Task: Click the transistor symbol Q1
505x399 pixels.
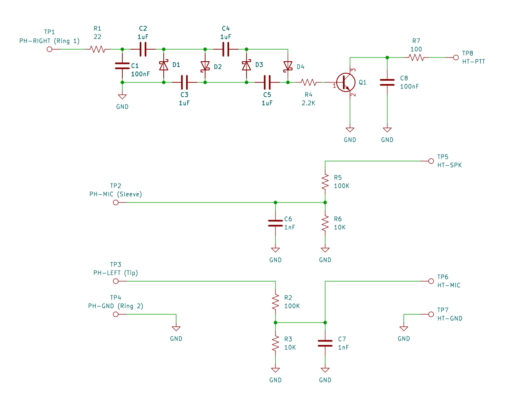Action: tap(345, 82)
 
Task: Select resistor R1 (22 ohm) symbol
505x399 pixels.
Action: tap(98, 49)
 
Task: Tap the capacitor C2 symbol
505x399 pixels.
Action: tap(143, 49)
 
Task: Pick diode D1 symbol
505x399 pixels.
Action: tap(164, 66)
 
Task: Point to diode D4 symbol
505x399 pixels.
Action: tap(287, 66)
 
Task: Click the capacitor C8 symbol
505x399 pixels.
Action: tap(387, 82)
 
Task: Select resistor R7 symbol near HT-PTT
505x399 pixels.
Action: tap(416, 58)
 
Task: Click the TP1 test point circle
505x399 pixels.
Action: tap(49, 49)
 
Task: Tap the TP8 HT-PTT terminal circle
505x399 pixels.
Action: tap(456, 58)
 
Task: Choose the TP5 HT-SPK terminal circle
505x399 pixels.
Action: tap(431, 161)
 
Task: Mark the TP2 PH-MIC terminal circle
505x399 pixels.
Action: tap(115, 202)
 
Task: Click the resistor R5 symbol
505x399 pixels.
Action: tap(325, 182)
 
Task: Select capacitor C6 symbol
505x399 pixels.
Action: tap(275, 223)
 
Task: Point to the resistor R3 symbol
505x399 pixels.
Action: tap(275, 343)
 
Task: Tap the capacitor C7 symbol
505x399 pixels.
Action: tap(325, 343)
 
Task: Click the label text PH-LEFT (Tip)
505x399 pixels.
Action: tap(115, 273)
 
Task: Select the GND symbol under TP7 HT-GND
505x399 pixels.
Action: tap(403, 329)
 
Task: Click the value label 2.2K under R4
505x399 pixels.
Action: tap(309, 103)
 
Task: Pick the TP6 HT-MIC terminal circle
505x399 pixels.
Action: tap(431, 281)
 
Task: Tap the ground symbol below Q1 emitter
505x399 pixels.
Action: tap(350, 130)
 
